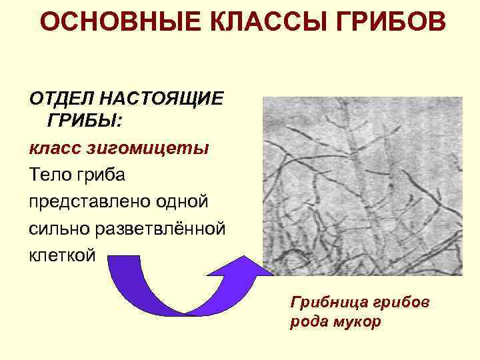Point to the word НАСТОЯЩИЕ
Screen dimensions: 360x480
coord(162,99)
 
